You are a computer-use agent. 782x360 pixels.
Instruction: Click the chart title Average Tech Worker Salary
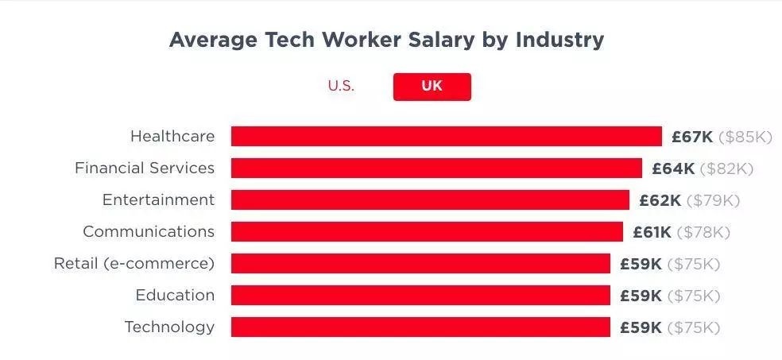(386, 40)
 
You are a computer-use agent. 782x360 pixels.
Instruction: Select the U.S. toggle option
(341, 87)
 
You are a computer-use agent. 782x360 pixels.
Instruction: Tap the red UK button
(432, 87)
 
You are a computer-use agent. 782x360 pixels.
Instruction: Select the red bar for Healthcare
(446, 137)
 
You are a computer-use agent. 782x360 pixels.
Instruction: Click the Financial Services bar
(436, 168)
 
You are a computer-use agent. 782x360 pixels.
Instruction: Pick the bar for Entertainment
(430, 200)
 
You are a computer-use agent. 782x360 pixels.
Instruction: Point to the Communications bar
(427, 232)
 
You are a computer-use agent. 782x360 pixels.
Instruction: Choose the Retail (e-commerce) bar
(420, 264)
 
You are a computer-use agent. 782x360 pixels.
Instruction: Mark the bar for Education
(420, 296)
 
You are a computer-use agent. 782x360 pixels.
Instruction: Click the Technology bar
(420, 327)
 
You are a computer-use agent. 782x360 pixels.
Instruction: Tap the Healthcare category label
(172, 137)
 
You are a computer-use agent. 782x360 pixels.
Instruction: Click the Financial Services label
(145, 168)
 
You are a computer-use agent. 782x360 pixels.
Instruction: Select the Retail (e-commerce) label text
(134, 264)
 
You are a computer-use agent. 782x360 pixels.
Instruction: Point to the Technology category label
(169, 327)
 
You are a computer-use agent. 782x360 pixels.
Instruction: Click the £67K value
(692, 137)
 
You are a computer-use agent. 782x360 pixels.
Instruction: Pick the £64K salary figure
(673, 168)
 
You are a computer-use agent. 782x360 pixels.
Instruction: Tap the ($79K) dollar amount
(713, 200)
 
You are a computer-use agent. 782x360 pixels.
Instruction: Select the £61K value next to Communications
(652, 232)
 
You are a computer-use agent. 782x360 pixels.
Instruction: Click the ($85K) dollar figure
(745, 137)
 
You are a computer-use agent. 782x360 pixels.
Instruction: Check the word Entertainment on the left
(158, 200)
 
